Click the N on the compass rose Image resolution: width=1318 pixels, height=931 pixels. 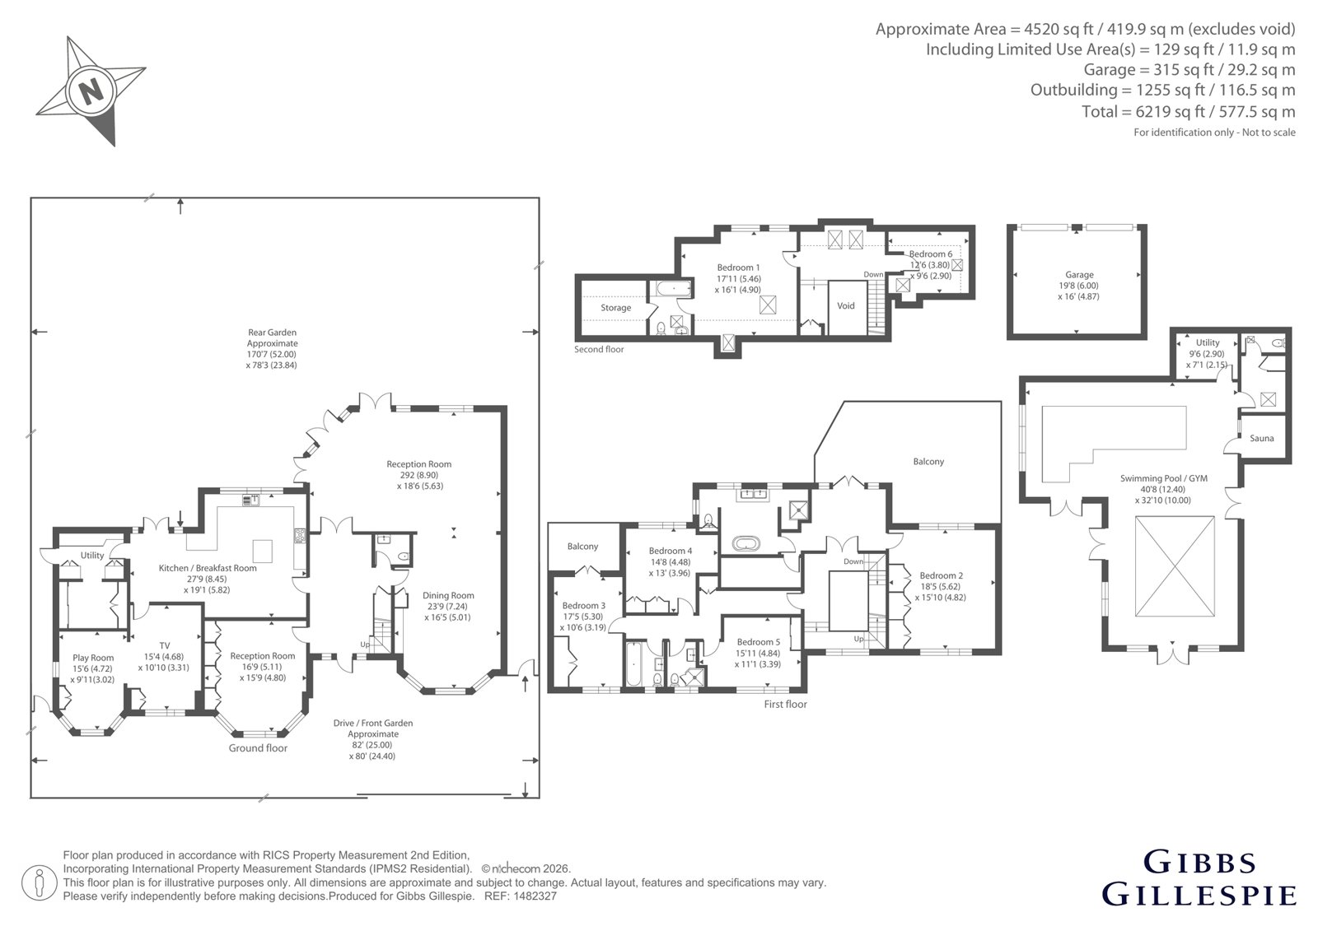coord(91,91)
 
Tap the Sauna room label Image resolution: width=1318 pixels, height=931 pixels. coord(1261,438)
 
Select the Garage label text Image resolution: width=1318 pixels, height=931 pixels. coord(1079,275)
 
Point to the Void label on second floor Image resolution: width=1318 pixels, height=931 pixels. coord(845,306)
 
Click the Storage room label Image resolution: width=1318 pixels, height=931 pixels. coord(615,308)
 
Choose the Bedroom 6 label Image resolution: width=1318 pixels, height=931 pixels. coord(930,254)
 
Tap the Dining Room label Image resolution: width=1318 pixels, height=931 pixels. coord(448,595)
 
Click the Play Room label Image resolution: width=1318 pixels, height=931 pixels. coord(93,658)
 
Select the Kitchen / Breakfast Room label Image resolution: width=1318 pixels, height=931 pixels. coord(208,568)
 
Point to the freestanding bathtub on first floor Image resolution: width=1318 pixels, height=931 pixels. coord(745,542)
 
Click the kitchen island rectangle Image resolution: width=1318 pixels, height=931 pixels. coord(263,551)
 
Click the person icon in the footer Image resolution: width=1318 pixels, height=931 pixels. coord(39,882)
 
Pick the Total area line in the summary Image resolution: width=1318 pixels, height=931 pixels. coord(1188,111)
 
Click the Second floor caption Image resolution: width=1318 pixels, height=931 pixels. coord(598,349)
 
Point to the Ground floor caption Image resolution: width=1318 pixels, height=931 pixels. coord(258,748)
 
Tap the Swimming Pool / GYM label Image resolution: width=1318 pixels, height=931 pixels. coord(1163,478)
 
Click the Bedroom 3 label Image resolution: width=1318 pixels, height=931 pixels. coord(584,606)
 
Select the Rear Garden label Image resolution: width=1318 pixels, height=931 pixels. coord(272,333)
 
